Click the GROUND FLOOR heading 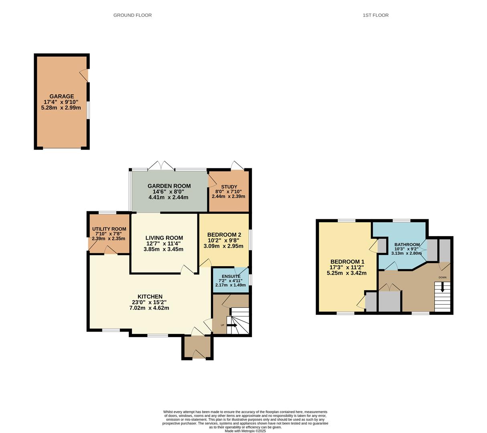pyautogui.click(x=132, y=15)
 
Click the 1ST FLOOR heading pyautogui.click(x=375, y=15)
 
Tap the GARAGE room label pyautogui.click(x=61, y=96)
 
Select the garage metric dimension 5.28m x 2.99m pyautogui.click(x=61, y=108)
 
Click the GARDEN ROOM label pyautogui.click(x=169, y=186)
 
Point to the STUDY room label pyautogui.click(x=229, y=187)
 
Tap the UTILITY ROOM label pyautogui.click(x=109, y=229)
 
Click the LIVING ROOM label pyautogui.click(x=164, y=238)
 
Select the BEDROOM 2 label pyautogui.click(x=224, y=235)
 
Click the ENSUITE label pyautogui.click(x=231, y=276)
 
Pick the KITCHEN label pyautogui.click(x=150, y=297)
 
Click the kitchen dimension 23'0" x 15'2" pyautogui.click(x=149, y=302)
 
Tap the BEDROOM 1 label pyautogui.click(x=347, y=262)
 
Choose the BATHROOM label pyautogui.click(x=407, y=245)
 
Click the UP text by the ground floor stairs pyautogui.click(x=222, y=325)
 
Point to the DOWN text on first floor pyautogui.click(x=442, y=277)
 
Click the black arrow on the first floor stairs pyautogui.click(x=442, y=287)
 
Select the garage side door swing pyautogui.click(x=84, y=75)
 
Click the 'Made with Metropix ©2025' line pyautogui.click(x=245, y=431)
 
